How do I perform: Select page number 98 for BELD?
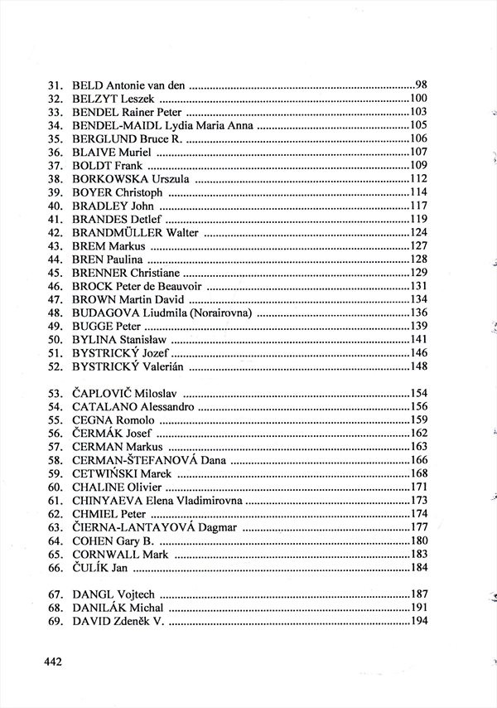[420, 85]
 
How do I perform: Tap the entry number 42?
[56, 233]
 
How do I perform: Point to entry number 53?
[56, 394]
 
